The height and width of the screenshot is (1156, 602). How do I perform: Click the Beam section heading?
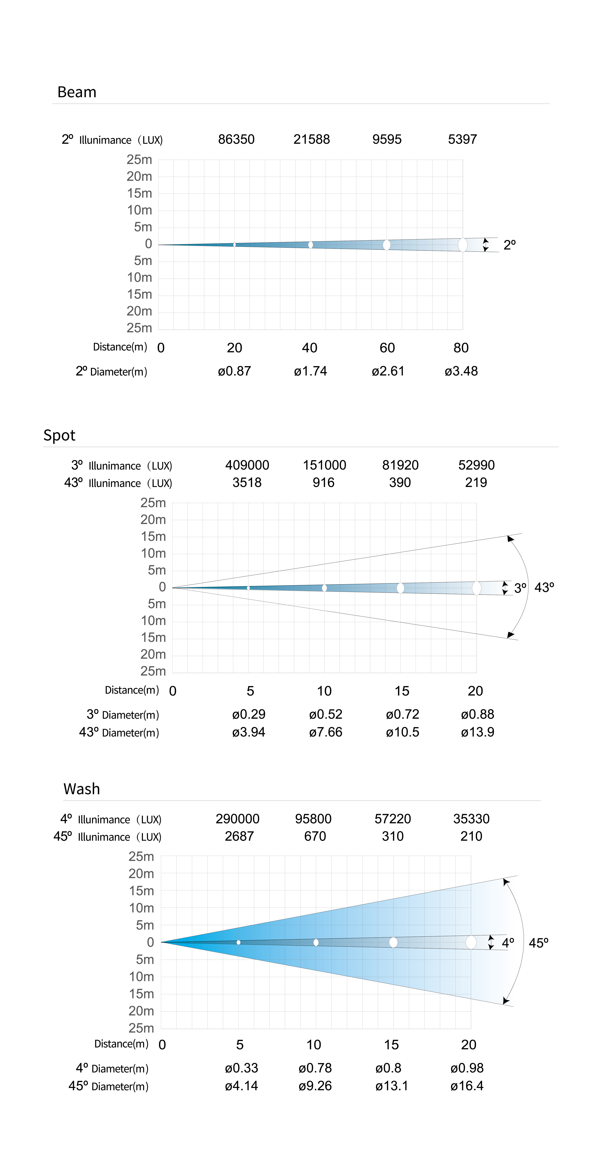coord(77,92)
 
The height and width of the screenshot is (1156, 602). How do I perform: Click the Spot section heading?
coord(59,435)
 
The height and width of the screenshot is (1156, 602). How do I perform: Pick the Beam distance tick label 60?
coord(387,348)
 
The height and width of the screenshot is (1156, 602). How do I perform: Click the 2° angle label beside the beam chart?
coord(509,245)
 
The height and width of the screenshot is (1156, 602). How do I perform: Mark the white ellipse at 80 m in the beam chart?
coord(462,245)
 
